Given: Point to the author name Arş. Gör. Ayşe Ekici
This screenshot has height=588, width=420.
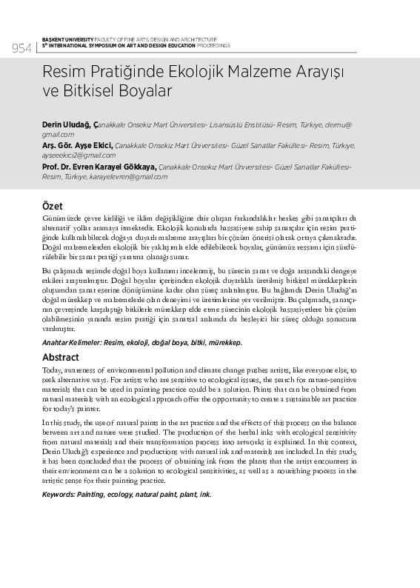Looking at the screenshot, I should [77, 147].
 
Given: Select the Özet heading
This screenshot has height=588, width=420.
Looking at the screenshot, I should [53, 205].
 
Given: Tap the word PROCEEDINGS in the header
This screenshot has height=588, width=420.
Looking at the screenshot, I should [213, 45].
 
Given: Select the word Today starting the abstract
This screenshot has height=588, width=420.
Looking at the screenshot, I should [52, 370].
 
